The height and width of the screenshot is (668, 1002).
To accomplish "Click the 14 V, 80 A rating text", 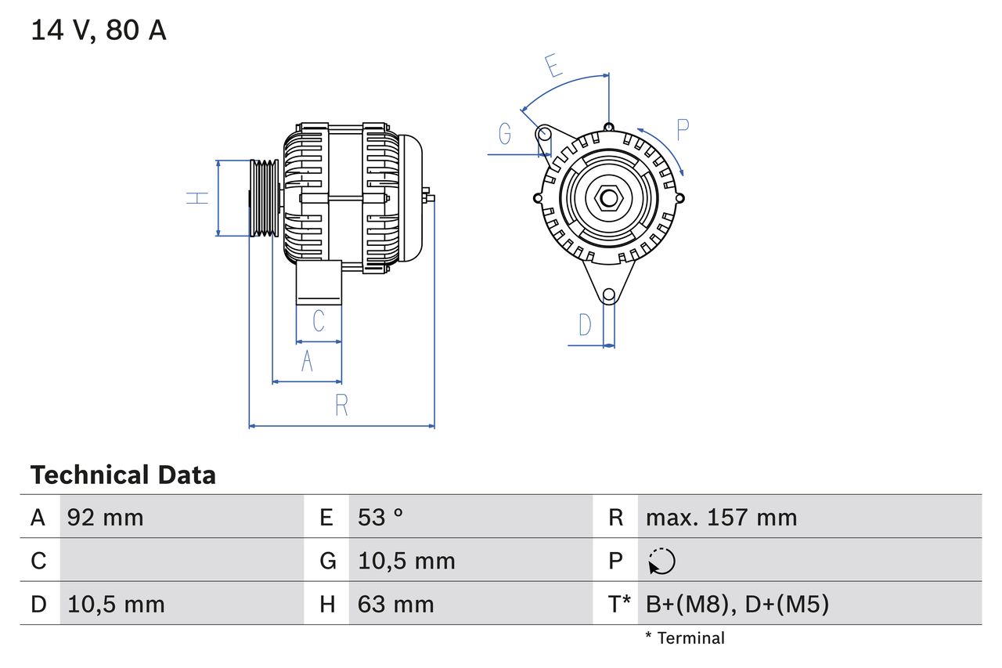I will click(99, 31).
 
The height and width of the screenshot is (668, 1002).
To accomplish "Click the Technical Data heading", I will click(123, 475).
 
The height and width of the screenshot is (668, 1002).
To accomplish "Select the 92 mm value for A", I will click(106, 518).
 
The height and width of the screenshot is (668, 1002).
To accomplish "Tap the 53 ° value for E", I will click(380, 518).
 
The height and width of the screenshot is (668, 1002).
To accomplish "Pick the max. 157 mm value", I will click(721, 518).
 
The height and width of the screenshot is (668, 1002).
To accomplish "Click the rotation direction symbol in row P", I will click(661, 561).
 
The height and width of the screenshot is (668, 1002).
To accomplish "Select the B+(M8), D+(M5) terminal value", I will click(737, 605).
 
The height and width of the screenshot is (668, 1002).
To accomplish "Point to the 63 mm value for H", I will click(395, 605).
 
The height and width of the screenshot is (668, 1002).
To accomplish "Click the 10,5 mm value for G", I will click(406, 561).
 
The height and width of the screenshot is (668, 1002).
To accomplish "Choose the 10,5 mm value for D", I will click(116, 605).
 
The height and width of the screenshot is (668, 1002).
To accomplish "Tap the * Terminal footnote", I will click(685, 638).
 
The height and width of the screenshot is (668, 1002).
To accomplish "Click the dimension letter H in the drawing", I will click(198, 198).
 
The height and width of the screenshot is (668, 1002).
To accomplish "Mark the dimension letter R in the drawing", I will click(341, 406).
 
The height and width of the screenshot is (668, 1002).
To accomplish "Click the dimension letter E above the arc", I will click(554, 66).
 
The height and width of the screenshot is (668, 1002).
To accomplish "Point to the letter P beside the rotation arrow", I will click(683, 130).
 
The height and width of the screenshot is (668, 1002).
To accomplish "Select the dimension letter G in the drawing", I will click(505, 135).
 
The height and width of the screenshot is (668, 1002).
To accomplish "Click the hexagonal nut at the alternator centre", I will click(608, 198).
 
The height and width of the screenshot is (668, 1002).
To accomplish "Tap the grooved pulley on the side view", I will click(264, 198).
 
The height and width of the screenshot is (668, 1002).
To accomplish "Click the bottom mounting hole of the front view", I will click(609, 295).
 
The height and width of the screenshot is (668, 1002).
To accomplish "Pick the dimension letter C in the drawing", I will click(319, 321).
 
